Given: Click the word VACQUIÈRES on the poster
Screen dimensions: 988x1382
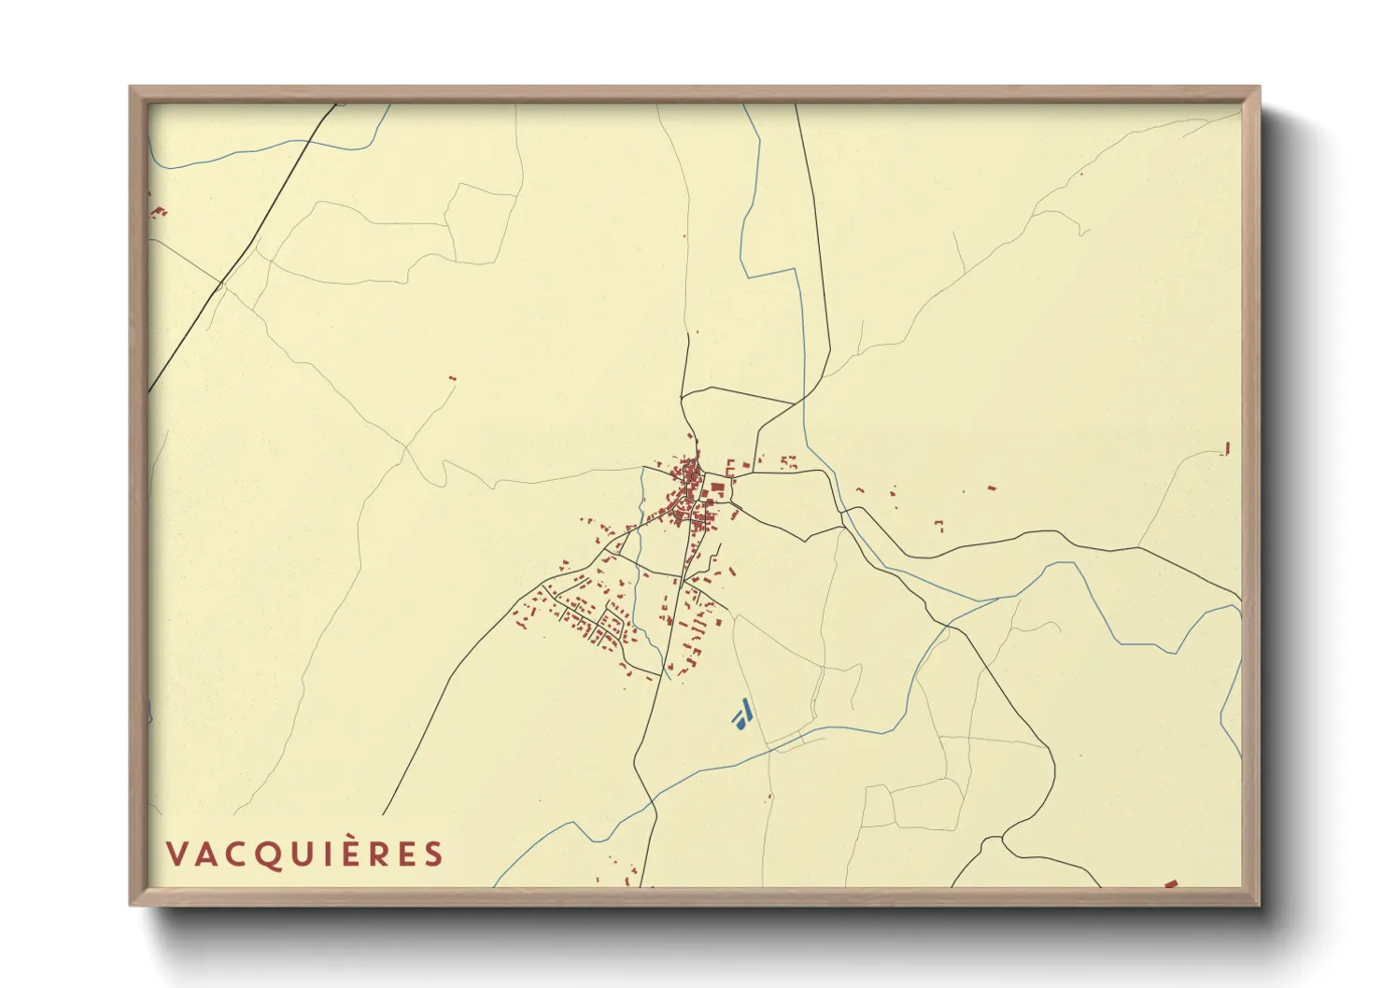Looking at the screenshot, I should (304, 854).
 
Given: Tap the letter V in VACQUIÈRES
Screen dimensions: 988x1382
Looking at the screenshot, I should (176, 854).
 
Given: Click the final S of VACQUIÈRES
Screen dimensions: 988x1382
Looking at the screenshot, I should (433, 854).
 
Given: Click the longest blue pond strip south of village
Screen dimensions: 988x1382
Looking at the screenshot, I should (746, 710).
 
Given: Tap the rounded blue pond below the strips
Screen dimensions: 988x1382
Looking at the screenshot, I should (739, 723).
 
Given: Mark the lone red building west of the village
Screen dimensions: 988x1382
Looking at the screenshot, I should (453, 378).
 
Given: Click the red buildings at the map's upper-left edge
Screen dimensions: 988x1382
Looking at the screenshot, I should (158, 213).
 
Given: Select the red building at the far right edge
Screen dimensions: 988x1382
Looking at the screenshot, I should (1226, 449).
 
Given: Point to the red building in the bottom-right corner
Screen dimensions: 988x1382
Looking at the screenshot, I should (1171, 882).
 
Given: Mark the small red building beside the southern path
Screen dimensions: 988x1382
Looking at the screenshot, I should (769, 797).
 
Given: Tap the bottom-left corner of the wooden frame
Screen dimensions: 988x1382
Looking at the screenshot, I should (132, 904).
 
